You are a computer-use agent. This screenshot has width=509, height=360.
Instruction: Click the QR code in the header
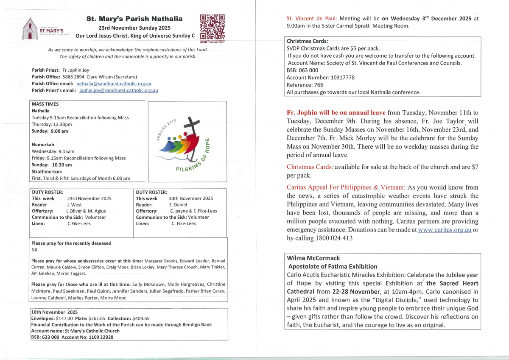tap(212, 27)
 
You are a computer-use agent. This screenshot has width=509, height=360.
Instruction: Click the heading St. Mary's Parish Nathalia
tap(134, 19)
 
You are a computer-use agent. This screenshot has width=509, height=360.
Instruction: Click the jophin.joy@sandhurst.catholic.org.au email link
tap(119, 90)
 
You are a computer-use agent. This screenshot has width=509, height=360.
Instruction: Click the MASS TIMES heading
tap(45, 104)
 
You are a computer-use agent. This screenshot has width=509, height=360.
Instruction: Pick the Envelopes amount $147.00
tap(64, 318)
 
